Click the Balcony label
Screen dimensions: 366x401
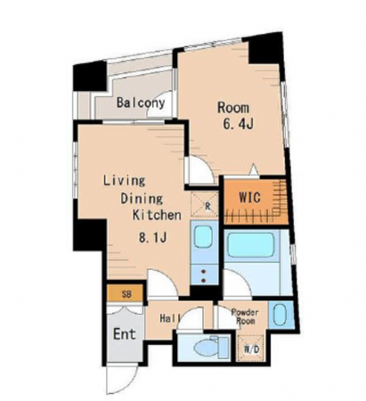click(141, 102)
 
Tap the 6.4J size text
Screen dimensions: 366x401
click(238, 125)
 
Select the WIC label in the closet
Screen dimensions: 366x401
click(249, 197)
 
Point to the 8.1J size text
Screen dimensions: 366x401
click(152, 237)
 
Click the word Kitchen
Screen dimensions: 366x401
click(157, 215)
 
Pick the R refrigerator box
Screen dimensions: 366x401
click(205, 205)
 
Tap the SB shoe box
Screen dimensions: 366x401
click(126, 293)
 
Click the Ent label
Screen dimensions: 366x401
click(125, 334)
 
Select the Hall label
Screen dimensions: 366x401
click(170, 318)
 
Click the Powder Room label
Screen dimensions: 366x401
click(245, 316)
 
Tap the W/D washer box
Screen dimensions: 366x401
click(251, 348)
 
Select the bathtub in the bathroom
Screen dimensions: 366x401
click(251, 244)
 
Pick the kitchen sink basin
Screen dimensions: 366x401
click(203, 237)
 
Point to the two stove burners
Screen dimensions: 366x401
click(204, 275)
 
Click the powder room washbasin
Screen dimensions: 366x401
click(280, 315)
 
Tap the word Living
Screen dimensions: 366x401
click(124, 180)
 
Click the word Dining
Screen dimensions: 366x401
click(142, 199)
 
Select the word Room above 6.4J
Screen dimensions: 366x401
click(233, 108)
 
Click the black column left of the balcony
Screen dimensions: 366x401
click(90, 77)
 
